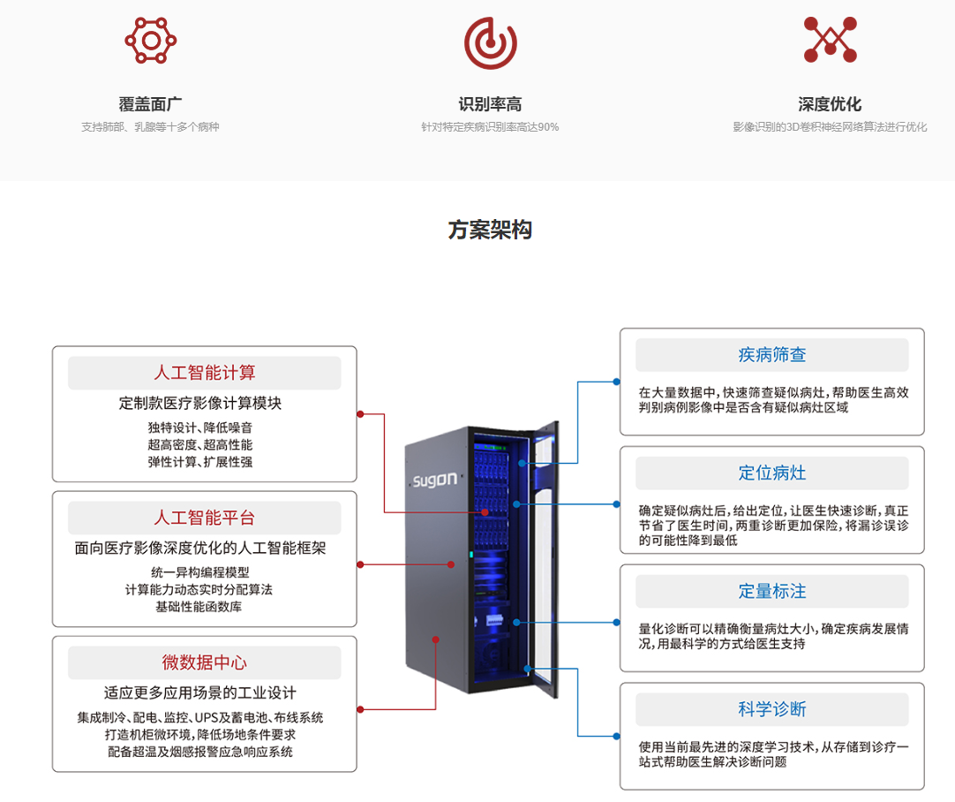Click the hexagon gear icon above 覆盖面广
150,41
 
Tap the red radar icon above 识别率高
490,43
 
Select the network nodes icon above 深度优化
831,40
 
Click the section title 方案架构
490,230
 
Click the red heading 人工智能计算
205,373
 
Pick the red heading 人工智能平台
205,518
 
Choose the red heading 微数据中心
205,662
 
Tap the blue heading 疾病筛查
772,355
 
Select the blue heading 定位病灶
772,473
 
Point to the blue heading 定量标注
772,591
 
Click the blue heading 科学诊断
772,709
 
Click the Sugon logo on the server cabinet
435,480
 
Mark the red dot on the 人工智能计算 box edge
361,414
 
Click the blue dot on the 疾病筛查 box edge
616,382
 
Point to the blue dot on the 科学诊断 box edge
616,736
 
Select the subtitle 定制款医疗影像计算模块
200,403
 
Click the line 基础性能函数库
199,607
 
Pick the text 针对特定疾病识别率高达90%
490,127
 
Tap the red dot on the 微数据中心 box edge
361,709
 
